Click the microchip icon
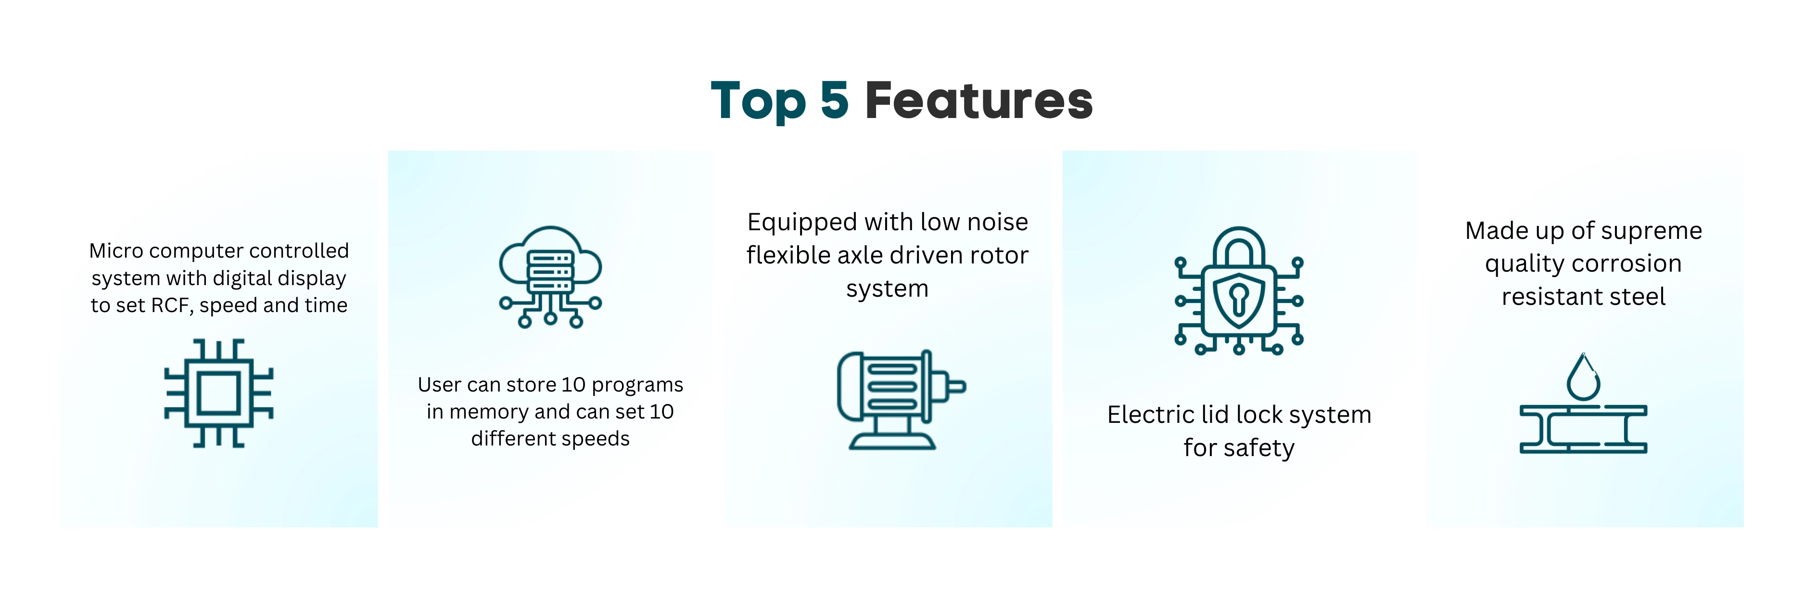click(x=218, y=393)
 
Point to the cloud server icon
click(x=550, y=277)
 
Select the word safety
click(x=1258, y=448)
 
